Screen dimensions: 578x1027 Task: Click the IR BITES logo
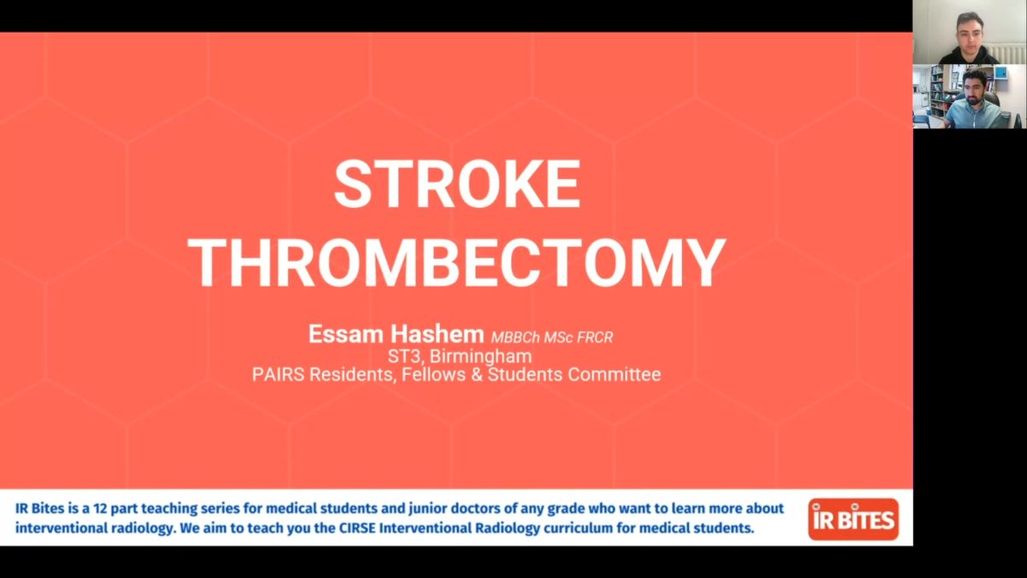click(853, 519)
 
